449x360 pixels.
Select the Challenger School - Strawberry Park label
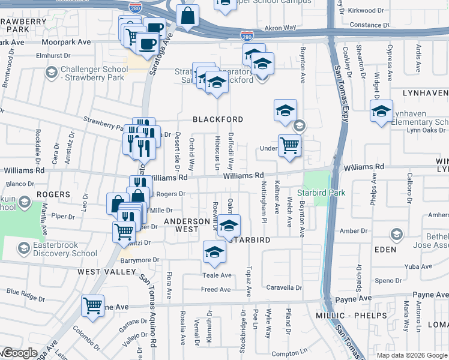[x=94, y=73]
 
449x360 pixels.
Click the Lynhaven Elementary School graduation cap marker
[x=381, y=112]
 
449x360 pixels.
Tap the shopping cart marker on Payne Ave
[x=92, y=307]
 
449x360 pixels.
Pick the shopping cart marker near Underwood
[x=289, y=145]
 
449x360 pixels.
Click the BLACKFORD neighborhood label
[x=218, y=119]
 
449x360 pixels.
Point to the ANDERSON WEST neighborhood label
[x=187, y=225]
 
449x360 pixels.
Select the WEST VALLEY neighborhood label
[x=107, y=272]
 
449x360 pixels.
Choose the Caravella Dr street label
[x=283, y=287]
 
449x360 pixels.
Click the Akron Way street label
[x=281, y=28]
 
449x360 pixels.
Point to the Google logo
[x=19, y=353]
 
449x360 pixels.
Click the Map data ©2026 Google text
[x=412, y=355]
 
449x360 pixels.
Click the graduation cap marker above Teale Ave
[x=214, y=253]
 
